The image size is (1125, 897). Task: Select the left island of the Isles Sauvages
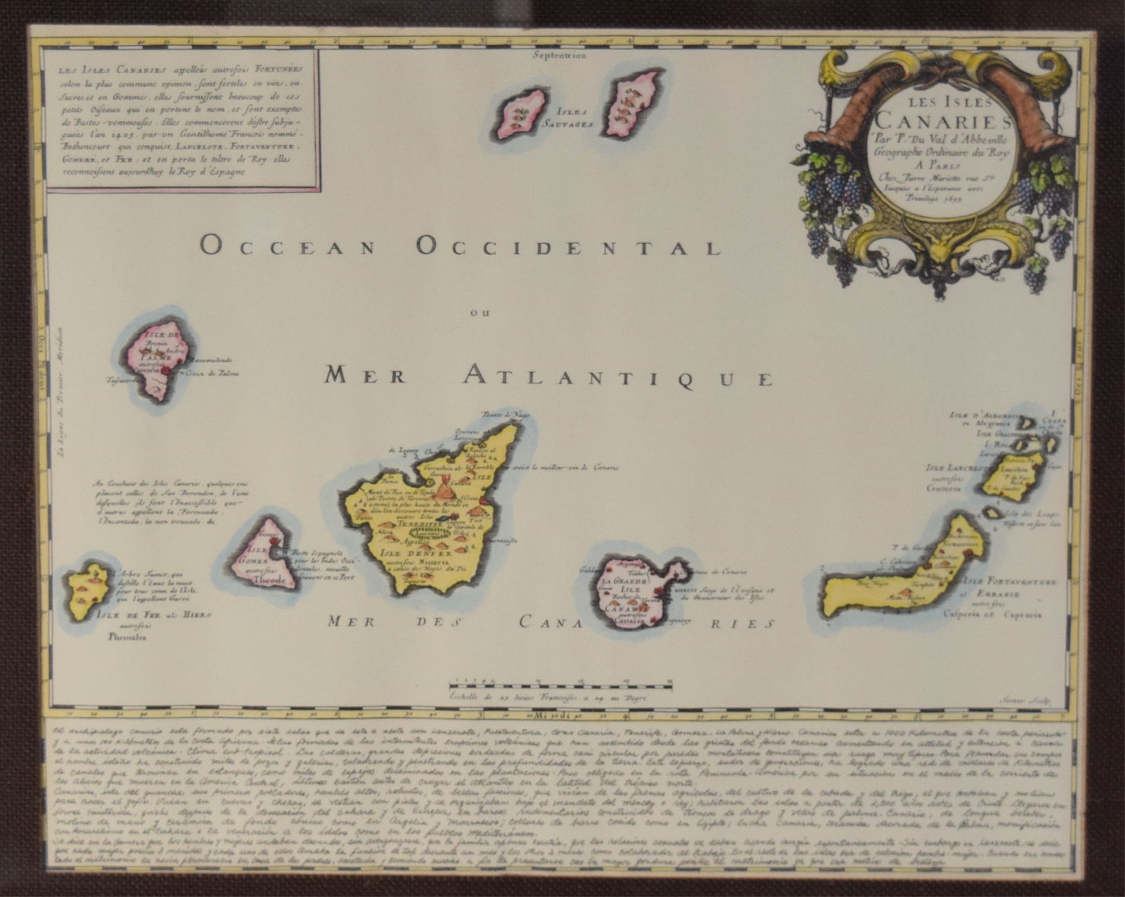[522, 113]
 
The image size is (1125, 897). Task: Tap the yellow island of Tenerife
[436, 514]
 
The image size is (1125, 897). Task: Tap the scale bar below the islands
[561, 682]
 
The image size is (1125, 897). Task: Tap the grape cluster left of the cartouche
[833, 186]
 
